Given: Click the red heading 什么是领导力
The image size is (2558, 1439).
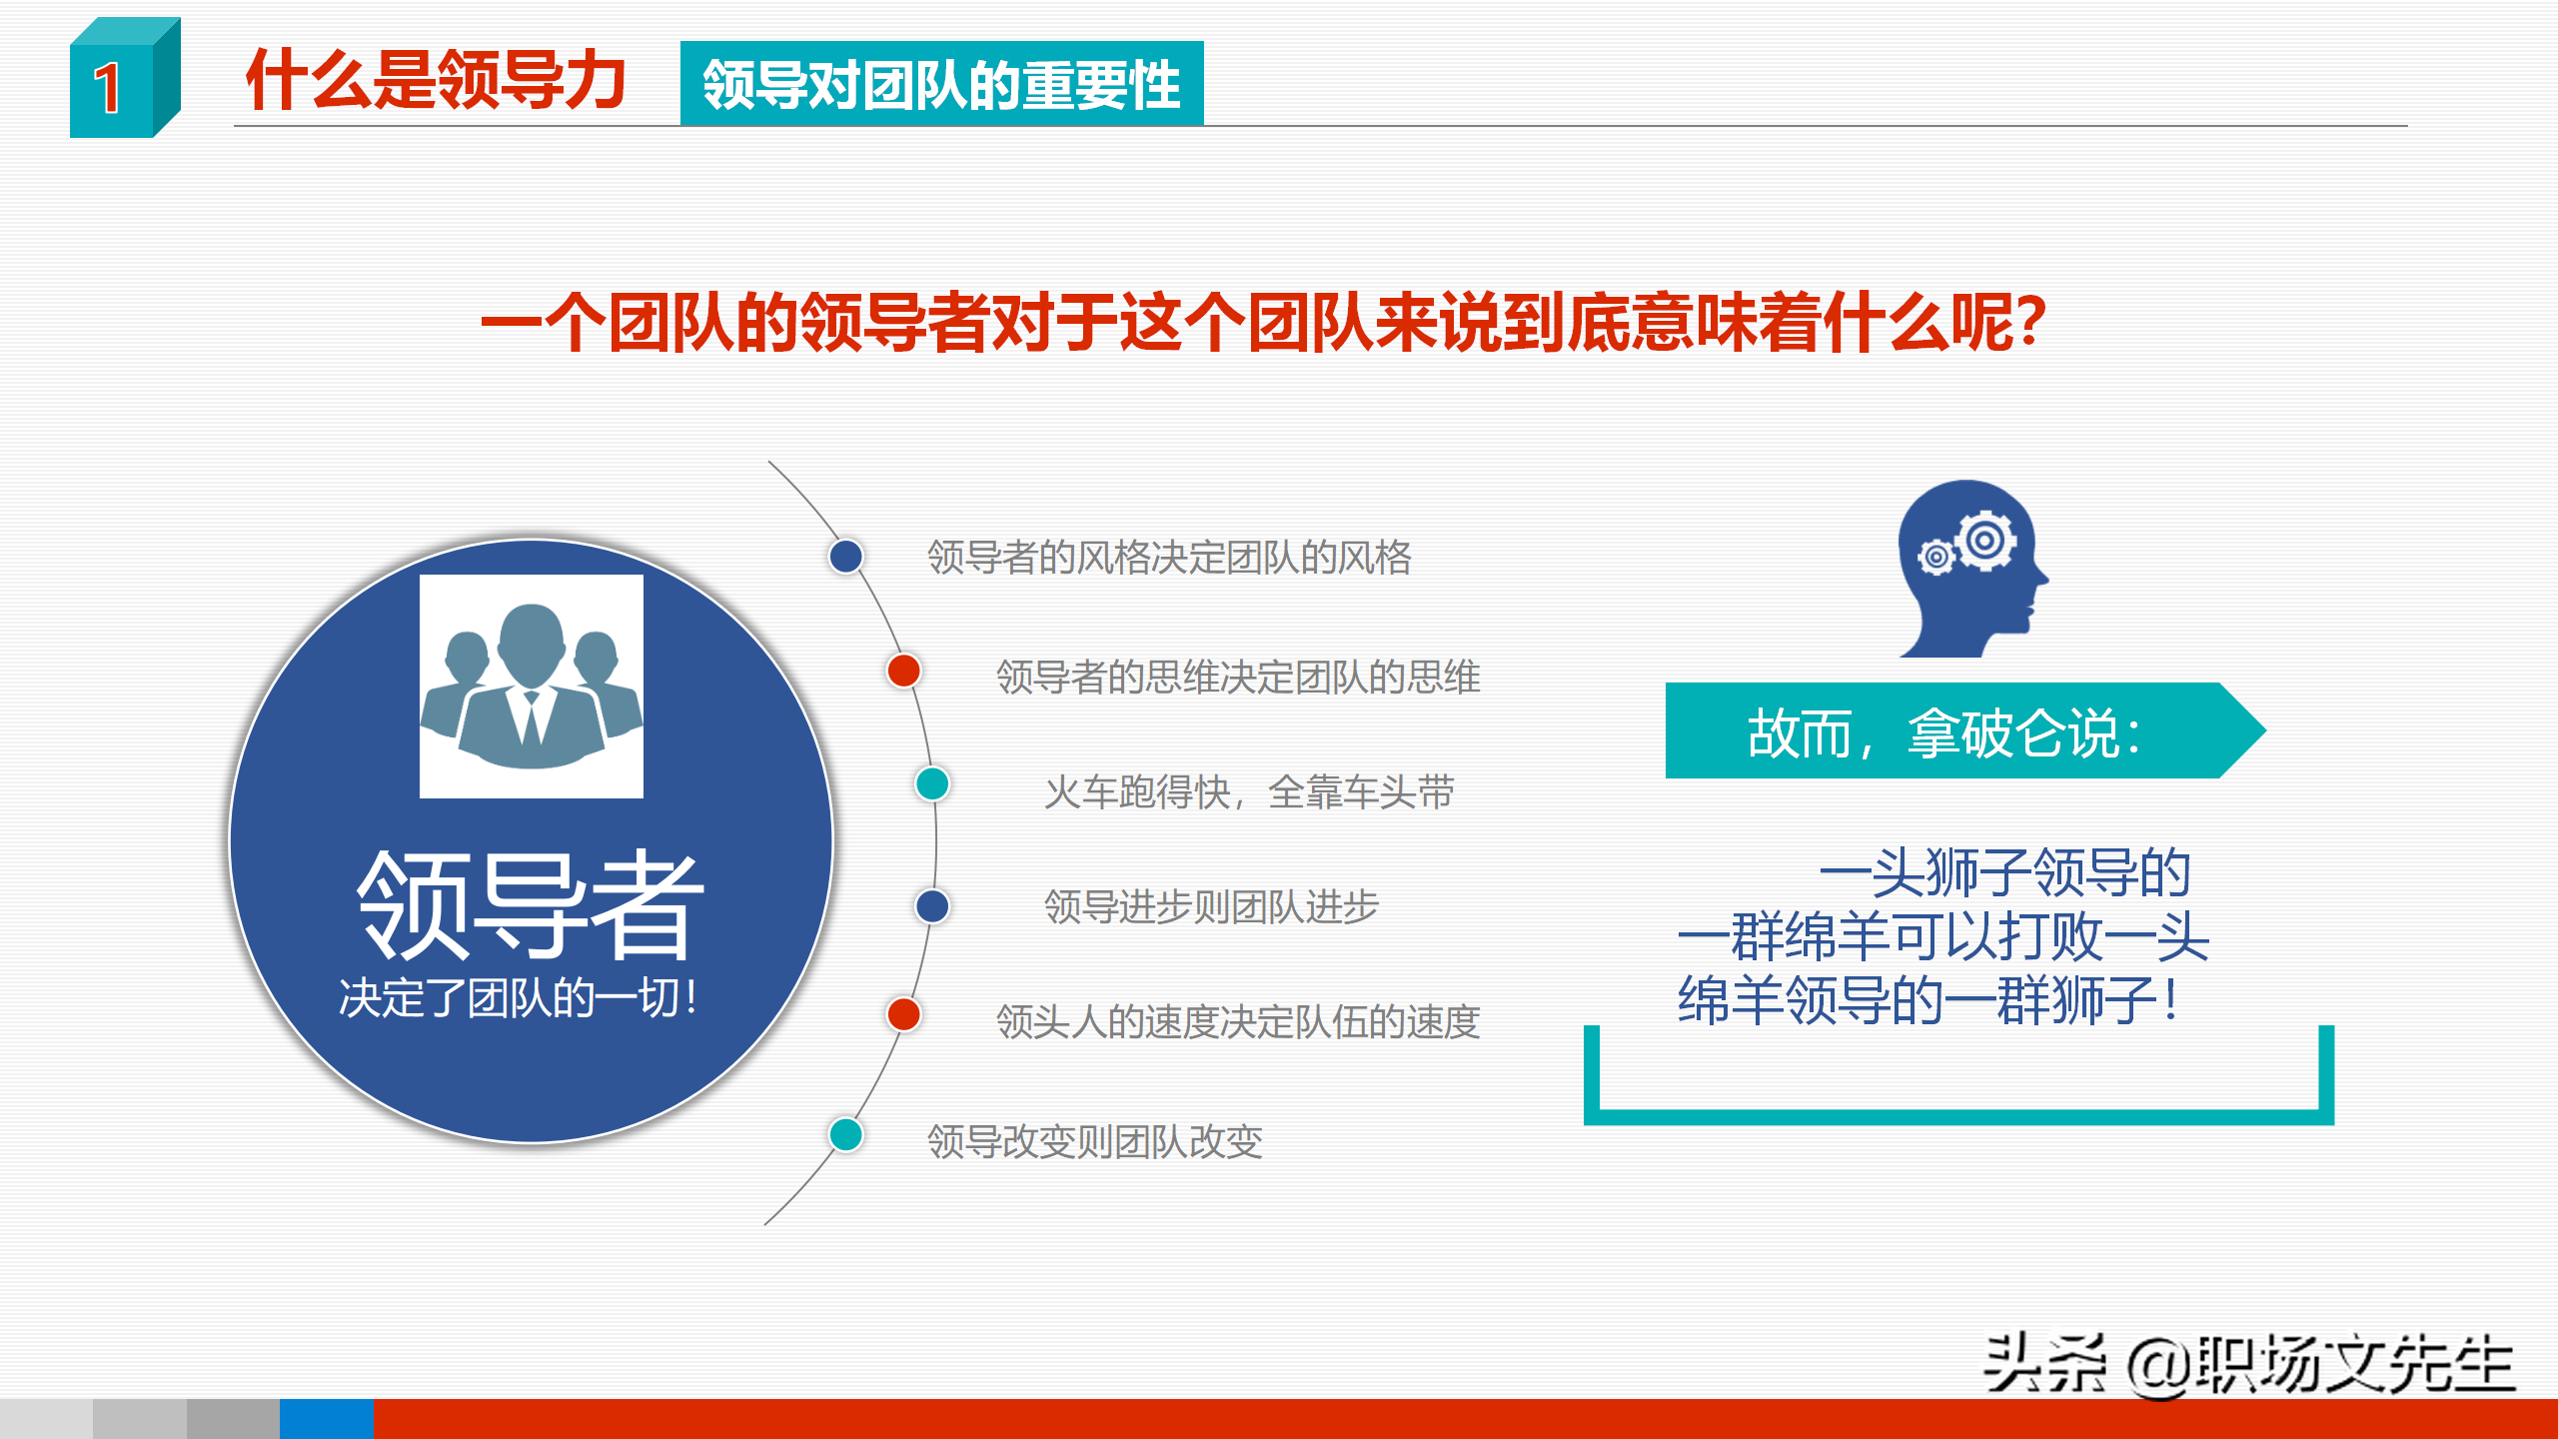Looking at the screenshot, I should (436, 80).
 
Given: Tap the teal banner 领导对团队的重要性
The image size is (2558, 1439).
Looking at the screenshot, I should (941, 84).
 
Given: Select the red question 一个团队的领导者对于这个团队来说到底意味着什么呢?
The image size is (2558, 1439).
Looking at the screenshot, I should (1263, 323).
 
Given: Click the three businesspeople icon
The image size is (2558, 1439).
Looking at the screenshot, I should (531, 687).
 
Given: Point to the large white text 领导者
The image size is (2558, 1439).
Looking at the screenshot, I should (531, 904).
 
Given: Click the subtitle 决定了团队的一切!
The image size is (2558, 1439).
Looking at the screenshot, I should (519, 998).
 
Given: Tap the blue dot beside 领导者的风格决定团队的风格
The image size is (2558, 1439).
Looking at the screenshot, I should (846, 557).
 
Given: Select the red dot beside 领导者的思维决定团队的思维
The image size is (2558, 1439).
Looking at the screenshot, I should (903, 671).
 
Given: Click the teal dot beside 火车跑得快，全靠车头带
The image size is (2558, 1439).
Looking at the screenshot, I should (932, 784).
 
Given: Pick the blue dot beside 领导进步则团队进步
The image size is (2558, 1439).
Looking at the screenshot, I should (932, 906).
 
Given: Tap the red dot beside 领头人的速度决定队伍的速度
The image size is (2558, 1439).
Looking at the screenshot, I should (903, 1014).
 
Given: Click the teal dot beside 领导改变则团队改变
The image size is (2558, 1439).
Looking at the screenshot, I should (846, 1135).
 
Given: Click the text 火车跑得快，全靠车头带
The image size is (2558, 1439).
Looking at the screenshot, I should (1249, 793).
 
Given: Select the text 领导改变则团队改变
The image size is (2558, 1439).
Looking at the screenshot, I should (1095, 1142).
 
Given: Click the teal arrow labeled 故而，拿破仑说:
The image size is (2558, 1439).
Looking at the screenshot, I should (1948, 731).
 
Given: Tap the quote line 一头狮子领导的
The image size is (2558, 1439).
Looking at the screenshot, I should (2004, 873).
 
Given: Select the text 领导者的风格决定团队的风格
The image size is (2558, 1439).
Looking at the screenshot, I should (1169, 558).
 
